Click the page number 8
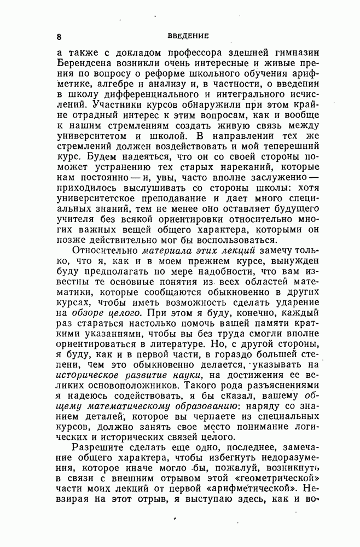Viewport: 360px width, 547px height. tap(59, 37)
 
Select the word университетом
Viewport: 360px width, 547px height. tap(95, 136)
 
